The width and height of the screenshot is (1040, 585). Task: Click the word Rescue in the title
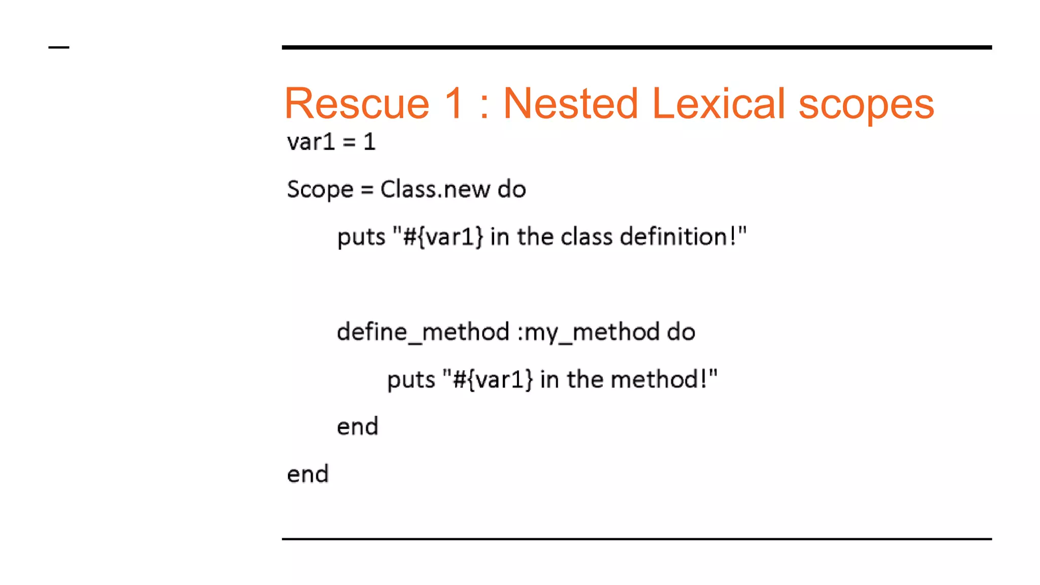point(357,104)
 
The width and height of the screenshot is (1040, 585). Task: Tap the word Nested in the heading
point(570,104)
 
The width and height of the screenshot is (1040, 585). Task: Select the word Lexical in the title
point(719,104)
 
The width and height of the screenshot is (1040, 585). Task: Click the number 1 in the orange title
point(453,104)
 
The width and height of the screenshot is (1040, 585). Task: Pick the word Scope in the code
point(320,190)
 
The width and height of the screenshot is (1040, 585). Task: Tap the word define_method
point(423,332)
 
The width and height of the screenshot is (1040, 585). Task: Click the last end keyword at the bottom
point(308,474)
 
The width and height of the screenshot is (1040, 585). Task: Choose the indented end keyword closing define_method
point(357,427)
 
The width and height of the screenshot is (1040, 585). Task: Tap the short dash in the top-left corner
point(59,48)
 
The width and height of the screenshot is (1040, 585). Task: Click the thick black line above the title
point(636,47)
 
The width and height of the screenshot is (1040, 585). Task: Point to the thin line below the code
point(636,539)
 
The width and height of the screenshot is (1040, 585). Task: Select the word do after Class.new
point(512,189)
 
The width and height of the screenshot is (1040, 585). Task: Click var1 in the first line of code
point(311,142)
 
